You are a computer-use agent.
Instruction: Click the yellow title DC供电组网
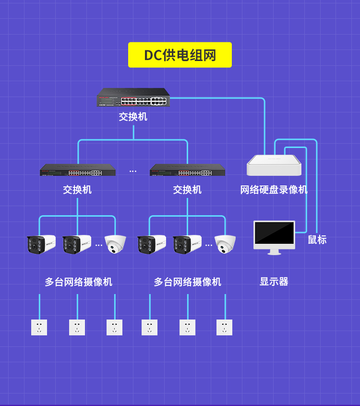coord(180,55)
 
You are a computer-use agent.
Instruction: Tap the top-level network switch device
coord(133,97)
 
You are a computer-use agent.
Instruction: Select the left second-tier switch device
coord(78,170)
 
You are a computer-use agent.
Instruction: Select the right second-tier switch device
coord(188,170)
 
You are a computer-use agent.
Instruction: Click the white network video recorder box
coord(274,165)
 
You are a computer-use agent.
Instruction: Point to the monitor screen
coord(275,233)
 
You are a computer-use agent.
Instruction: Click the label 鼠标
coord(317,239)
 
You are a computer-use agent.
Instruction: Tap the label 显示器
coord(274,282)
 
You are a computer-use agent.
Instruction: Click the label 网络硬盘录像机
coord(274,190)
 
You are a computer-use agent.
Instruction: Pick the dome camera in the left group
coord(115,244)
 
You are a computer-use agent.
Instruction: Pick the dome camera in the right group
coord(225,244)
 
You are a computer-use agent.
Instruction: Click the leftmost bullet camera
coord(41,244)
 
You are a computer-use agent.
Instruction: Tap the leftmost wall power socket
coord(39,327)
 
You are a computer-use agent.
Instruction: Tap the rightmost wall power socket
coord(224,327)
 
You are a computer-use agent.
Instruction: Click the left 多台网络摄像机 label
coord(78,282)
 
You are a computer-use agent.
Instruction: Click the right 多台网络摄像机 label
coord(188,282)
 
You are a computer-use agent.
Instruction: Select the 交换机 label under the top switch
coord(133,117)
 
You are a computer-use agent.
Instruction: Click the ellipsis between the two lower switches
coord(132,171)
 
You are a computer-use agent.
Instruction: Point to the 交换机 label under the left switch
coord(77,190)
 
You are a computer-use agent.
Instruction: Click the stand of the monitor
coord(275,252)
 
